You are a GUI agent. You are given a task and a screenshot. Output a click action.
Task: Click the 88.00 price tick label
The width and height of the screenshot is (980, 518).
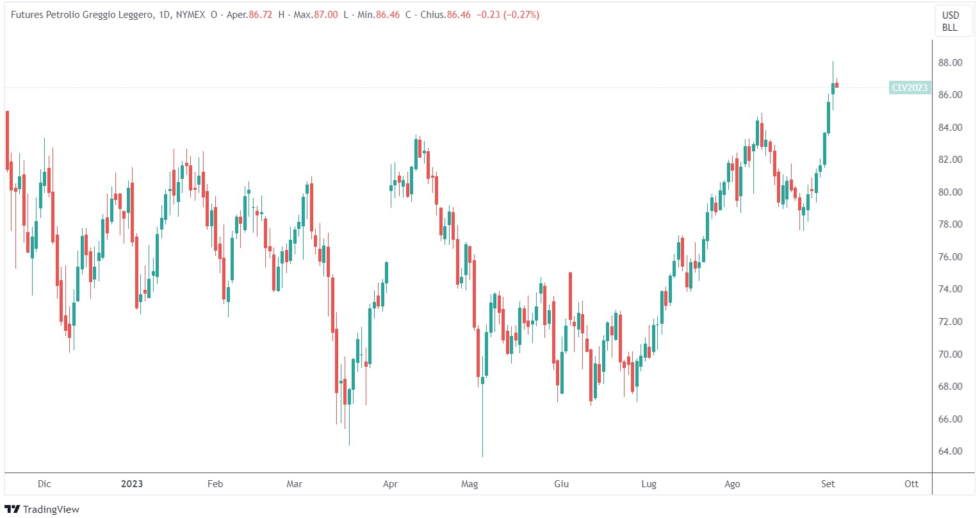click(x=950, y=63)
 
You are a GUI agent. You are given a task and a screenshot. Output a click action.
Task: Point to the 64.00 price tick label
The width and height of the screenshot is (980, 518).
click(x=950, y=451)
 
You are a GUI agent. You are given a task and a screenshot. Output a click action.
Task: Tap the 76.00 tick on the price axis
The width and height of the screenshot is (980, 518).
click(x=950, y=257)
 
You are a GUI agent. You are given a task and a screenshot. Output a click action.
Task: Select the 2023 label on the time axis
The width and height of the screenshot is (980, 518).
click(x=132, y=484)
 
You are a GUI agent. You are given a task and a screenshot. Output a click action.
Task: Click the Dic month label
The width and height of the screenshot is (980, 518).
click(x=44, y=484)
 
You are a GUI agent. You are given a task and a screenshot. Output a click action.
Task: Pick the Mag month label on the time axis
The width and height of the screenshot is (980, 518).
click(x=470, y=484)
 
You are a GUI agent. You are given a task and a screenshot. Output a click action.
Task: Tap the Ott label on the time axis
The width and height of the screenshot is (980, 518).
click(x=911, y=484)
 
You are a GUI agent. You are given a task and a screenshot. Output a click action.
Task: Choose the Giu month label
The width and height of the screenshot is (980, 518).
click(x=561, y=484)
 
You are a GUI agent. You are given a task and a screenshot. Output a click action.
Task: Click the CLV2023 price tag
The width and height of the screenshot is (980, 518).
click(x=910, y=88)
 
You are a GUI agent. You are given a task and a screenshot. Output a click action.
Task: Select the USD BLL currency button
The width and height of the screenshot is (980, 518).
click(x=950, y=21)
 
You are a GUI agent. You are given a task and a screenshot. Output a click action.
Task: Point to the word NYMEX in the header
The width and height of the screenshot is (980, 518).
click(x=190, y=15)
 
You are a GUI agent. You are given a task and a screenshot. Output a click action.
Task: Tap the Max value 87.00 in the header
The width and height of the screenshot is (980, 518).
click(x=325, y=15)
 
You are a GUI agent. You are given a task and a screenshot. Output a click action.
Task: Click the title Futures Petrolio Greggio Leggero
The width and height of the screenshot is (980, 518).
click(x=81, y=15)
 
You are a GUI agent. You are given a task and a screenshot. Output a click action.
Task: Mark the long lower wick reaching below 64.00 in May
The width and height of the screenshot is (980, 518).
click(x=482, y=436)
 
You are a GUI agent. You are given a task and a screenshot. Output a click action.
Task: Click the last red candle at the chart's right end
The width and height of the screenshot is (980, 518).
click(x=837, y=85)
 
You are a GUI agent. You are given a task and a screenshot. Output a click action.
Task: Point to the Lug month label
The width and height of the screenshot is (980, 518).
click(x=649, y=484)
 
